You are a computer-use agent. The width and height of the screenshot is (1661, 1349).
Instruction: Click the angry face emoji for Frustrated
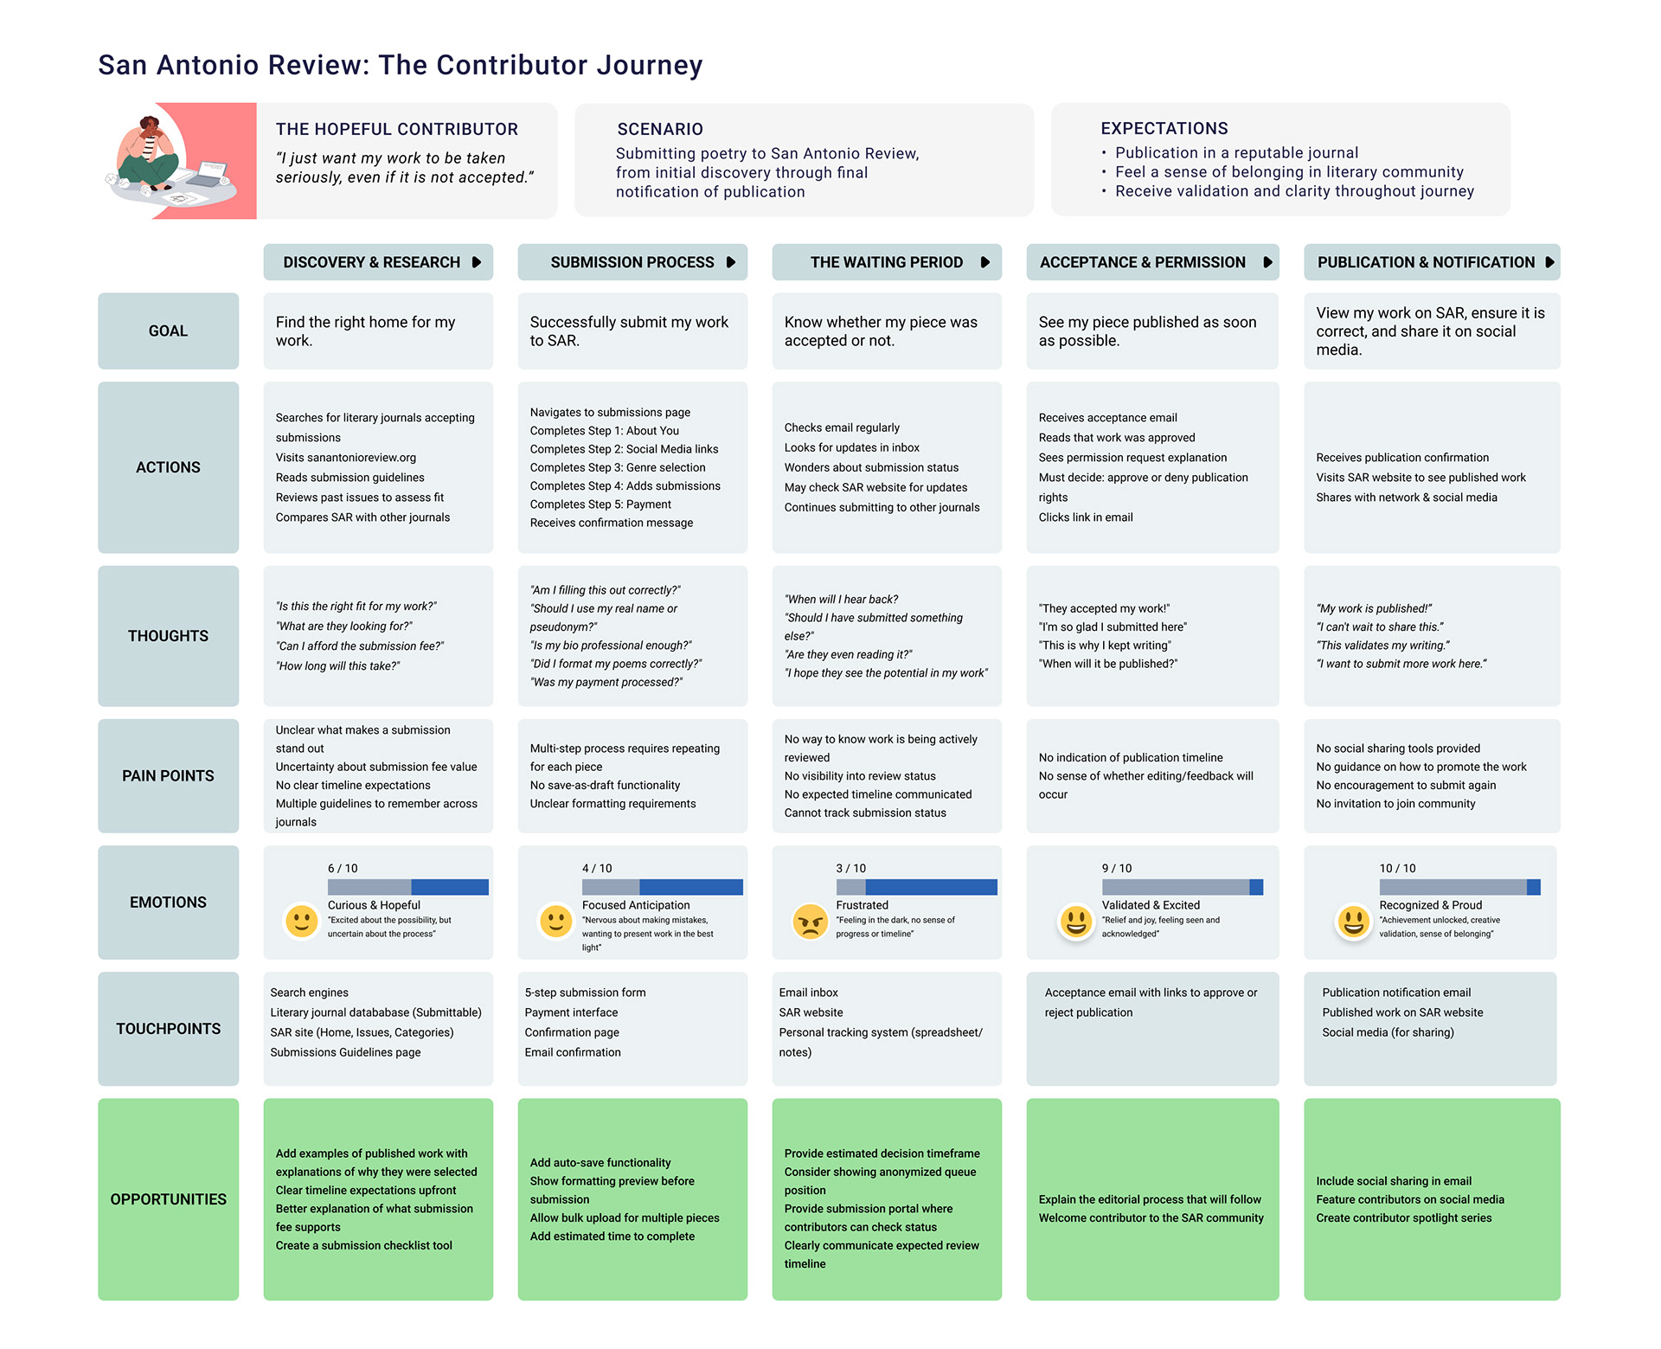810,922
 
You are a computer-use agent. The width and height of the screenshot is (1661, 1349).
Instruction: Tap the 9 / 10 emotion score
1116,868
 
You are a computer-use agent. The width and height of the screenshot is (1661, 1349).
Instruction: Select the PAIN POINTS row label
168,776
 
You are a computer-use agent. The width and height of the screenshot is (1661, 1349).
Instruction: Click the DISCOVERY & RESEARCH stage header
372,262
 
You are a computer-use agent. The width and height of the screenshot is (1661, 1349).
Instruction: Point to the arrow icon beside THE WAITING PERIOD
984,262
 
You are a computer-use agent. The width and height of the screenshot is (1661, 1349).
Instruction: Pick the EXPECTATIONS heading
1164,129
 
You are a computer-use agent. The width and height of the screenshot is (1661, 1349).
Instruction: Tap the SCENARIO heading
660,130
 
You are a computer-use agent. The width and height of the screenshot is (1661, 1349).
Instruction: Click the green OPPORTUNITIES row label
168,1199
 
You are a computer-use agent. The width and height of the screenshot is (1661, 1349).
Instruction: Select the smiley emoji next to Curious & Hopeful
302,922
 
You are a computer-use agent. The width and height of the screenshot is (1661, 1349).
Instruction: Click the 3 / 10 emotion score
850,868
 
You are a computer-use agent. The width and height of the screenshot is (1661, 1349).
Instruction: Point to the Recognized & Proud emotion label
1430,905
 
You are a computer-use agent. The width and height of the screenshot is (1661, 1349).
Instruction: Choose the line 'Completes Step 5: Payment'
600,504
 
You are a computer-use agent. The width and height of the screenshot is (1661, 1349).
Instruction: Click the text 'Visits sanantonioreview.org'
345,458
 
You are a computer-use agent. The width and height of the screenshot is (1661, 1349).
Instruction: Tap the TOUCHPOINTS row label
168,1029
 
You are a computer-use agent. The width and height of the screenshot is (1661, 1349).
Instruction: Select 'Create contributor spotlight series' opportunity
1403,1218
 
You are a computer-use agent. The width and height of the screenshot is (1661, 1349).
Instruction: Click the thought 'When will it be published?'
1107,664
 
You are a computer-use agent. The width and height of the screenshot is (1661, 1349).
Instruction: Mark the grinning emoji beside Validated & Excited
1076,922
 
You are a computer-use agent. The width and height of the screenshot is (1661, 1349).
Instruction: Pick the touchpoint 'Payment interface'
571,1012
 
